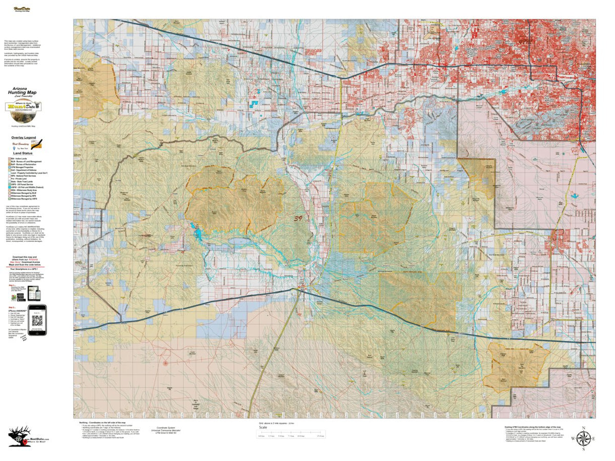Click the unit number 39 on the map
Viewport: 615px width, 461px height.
click(x=298, y=218)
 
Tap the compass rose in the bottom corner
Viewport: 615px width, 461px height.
click(x=583, y=439)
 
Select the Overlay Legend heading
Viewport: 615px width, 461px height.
click(x=24, y=138)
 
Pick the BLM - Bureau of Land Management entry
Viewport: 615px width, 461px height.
click(x=26, y=162)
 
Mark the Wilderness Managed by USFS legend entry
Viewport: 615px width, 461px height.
click(x=26, y=199)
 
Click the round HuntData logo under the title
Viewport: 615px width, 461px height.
click(x=24, y=107)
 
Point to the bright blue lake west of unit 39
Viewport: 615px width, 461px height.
click(x=196, y=233)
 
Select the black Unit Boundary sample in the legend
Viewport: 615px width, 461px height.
click(x=37, y=144)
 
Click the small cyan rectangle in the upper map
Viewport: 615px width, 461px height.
click(x=254, y=103)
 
